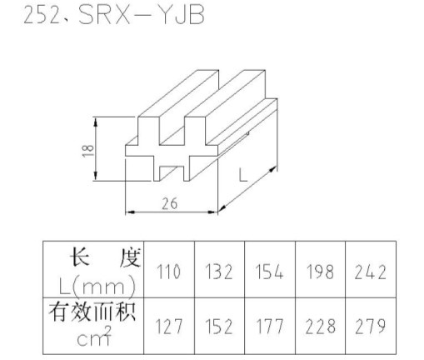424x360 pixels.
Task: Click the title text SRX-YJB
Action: [142, 14]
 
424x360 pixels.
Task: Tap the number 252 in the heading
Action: [42, 14]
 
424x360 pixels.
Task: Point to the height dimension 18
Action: [88, 151]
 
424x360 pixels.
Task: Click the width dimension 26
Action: [169, 203]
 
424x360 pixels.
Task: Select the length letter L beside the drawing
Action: [243, 176]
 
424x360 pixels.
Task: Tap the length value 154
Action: [269, 272]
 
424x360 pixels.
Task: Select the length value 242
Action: [371, 272]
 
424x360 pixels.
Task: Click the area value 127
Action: [169, 326]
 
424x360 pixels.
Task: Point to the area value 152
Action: [219, 326]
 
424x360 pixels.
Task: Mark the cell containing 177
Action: [269, 326]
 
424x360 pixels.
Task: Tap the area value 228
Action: [320, 326]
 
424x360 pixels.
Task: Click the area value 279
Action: [371, 326]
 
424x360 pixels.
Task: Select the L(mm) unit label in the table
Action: [97, 286]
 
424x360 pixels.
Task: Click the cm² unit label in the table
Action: [94, 337]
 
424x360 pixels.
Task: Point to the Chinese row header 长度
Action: [105, 257]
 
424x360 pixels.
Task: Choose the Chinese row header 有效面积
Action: [92, 312]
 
